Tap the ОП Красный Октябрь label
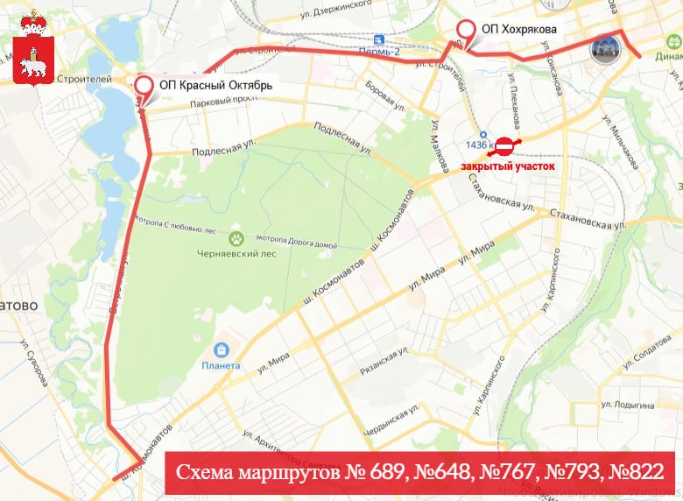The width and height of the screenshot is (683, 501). point(216,86)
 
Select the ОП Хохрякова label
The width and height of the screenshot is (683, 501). point(518,28)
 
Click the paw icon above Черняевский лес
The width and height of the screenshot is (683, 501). point(236,237)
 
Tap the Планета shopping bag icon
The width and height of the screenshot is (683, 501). point(221,350)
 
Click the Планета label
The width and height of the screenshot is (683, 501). point(221,365)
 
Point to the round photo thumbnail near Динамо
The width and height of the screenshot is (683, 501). point(605,50)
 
